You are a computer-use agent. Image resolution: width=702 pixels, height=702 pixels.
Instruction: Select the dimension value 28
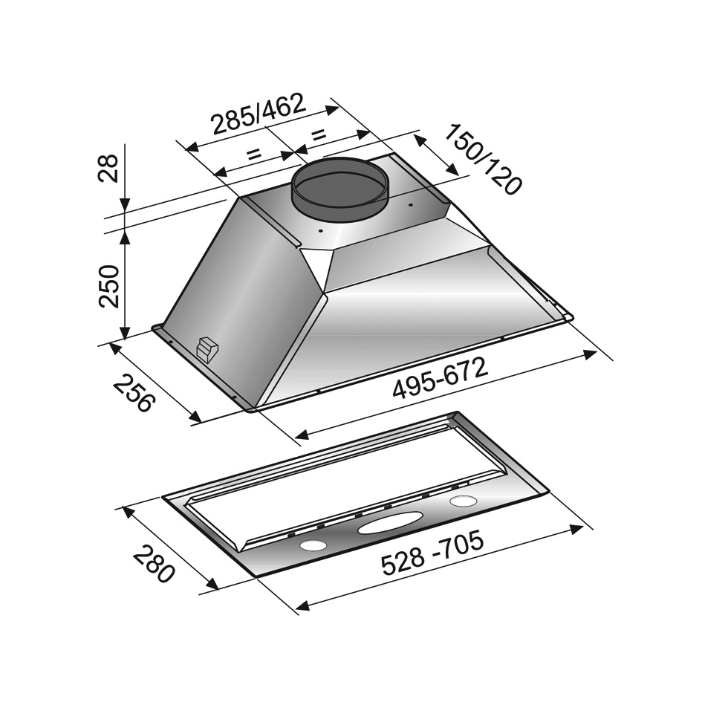(x=108, y=168)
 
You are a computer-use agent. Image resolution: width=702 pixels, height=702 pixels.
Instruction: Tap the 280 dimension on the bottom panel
(x=153, y=563)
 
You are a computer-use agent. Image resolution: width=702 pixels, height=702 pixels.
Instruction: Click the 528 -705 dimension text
(x=433, y=551)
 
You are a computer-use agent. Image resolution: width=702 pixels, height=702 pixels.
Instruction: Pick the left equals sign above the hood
(x=253, y=155)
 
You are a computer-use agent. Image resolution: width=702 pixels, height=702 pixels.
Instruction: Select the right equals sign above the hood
(x=318, y=134)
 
